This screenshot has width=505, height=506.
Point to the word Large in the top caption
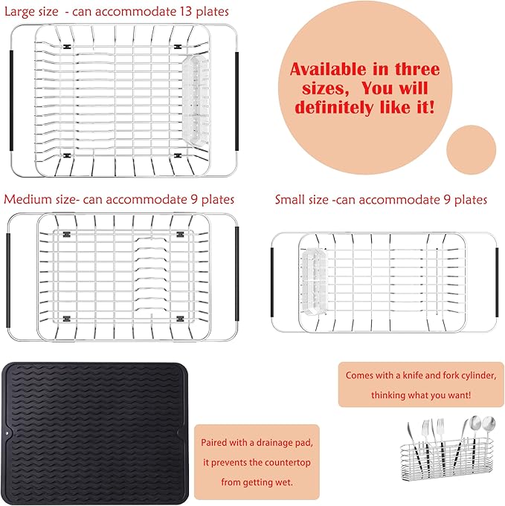click(x=23, y=12)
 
